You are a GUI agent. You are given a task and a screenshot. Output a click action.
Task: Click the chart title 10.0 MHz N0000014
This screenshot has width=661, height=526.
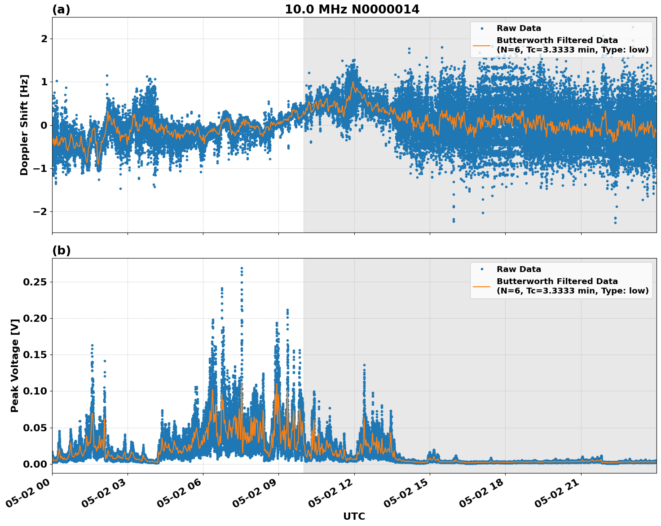(x=352, y=9)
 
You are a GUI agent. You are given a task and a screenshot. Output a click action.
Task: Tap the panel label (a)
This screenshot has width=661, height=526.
(x=61, y=9)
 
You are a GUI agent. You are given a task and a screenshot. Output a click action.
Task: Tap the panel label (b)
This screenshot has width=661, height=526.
(x=61, y=250)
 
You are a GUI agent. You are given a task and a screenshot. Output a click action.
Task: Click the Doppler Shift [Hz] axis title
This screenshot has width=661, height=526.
(x=24, y=125)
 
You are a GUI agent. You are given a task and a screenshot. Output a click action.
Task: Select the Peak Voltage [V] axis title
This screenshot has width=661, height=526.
(x=15, y=365)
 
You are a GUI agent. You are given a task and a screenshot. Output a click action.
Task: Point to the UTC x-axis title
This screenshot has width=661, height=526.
(x=354, y=516)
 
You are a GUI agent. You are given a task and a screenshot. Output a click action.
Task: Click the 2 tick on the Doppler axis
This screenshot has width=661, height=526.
(x=44, y=39)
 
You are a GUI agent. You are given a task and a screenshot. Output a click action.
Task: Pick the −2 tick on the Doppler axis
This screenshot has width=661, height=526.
(x=40, y=211)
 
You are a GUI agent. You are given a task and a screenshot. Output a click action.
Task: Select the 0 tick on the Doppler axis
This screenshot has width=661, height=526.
(x=44, y=125)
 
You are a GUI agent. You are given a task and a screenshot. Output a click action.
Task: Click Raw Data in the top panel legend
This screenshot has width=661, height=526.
(x=519, y=28)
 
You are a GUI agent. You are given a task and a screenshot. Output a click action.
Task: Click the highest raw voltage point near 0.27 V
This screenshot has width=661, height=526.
(x=242, y=268)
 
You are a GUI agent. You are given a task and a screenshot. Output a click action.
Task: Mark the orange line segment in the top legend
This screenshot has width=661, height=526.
(x=482, y=45)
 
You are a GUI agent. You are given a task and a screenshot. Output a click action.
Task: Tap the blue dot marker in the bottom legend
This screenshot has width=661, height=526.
(x=482, y=269)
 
